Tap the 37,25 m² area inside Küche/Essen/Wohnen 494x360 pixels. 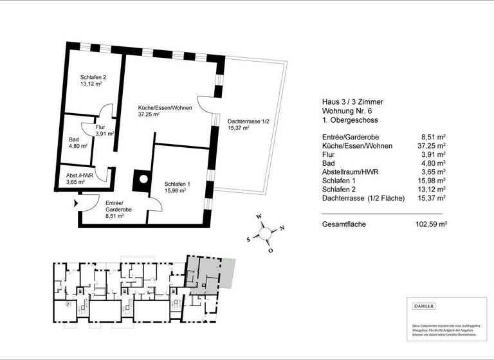click(x=149, y=114)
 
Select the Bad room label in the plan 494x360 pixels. click(x=74, y=139)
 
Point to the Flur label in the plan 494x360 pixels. click(x=100, y=127)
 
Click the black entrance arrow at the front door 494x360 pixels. click(x=77, y=203)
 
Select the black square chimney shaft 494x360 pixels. click(x=141, y=181)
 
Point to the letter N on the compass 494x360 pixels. click(x=282, y=229)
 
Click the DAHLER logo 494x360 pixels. click(x=424, y=306)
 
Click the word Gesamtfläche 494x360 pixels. click(x=344, y=225)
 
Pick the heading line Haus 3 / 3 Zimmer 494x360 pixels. click(x=352, y=102)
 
